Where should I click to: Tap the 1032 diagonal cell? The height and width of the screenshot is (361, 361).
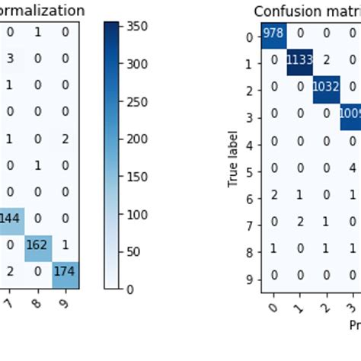[325, 85]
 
